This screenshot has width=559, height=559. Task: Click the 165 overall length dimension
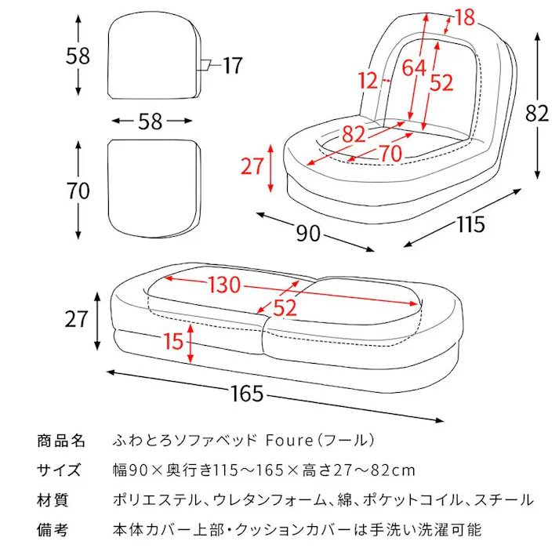248,394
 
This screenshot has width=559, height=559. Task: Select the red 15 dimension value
175,341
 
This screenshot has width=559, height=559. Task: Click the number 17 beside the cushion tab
233,66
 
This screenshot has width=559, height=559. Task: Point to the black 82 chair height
537,113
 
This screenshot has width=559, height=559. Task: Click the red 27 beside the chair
252,167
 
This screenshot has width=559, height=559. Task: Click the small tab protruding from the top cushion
205,65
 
